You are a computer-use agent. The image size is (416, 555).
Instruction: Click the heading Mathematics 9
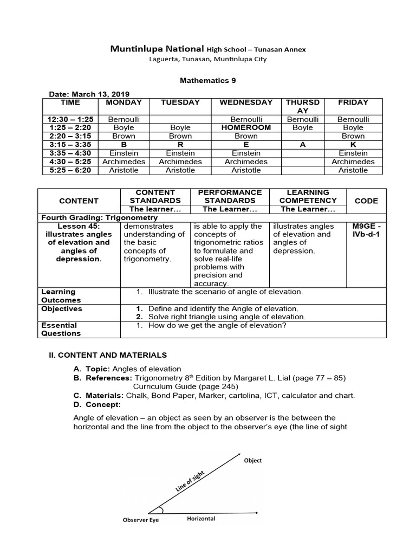click(207, 80)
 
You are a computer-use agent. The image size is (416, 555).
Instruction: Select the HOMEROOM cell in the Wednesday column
click(245, 127)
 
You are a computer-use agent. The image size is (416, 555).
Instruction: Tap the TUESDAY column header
click(180, 102)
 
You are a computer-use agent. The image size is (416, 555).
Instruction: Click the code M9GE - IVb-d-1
click(366, 230)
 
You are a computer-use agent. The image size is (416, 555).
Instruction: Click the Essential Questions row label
click(60, 330)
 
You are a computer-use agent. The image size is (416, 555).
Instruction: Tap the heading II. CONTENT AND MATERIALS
click(108, 355)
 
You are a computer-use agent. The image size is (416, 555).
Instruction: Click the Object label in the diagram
click(252, 461)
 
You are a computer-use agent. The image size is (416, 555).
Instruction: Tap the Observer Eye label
click(140, 520)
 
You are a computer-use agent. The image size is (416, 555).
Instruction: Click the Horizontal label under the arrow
click(201, 519)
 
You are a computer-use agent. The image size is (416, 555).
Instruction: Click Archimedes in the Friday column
click(353, 162)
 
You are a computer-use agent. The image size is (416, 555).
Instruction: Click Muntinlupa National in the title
click(157, 49)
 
